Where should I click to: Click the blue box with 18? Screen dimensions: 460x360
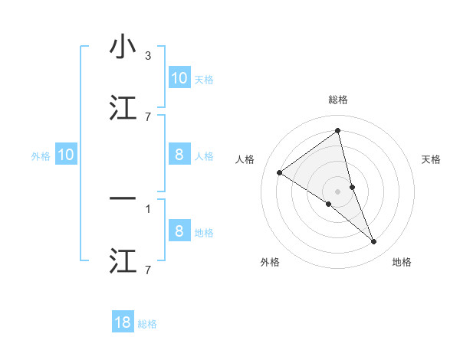point(123,322)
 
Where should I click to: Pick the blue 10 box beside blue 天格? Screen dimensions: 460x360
point(179,78)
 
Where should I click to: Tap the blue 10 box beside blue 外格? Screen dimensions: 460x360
point(66,155)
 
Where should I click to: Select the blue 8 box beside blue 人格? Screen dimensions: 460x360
point(179,155)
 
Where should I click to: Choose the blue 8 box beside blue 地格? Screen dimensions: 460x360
point(179,231)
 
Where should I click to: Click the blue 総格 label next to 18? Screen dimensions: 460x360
point(147,324)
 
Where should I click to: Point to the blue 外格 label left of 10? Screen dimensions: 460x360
point(41,155)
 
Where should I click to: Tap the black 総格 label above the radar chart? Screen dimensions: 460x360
point(338,100)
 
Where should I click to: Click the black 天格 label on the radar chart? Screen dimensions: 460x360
point(432,159)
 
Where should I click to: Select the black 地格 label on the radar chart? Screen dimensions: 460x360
point(402,262)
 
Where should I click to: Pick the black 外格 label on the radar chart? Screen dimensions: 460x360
point(270,262)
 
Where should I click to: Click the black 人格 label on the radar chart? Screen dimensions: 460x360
point(245,159)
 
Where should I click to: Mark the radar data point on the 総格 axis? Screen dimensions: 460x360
point(338,131)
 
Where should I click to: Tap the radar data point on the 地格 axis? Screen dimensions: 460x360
point(374,242)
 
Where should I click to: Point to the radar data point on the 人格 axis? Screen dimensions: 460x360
point(280,172)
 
